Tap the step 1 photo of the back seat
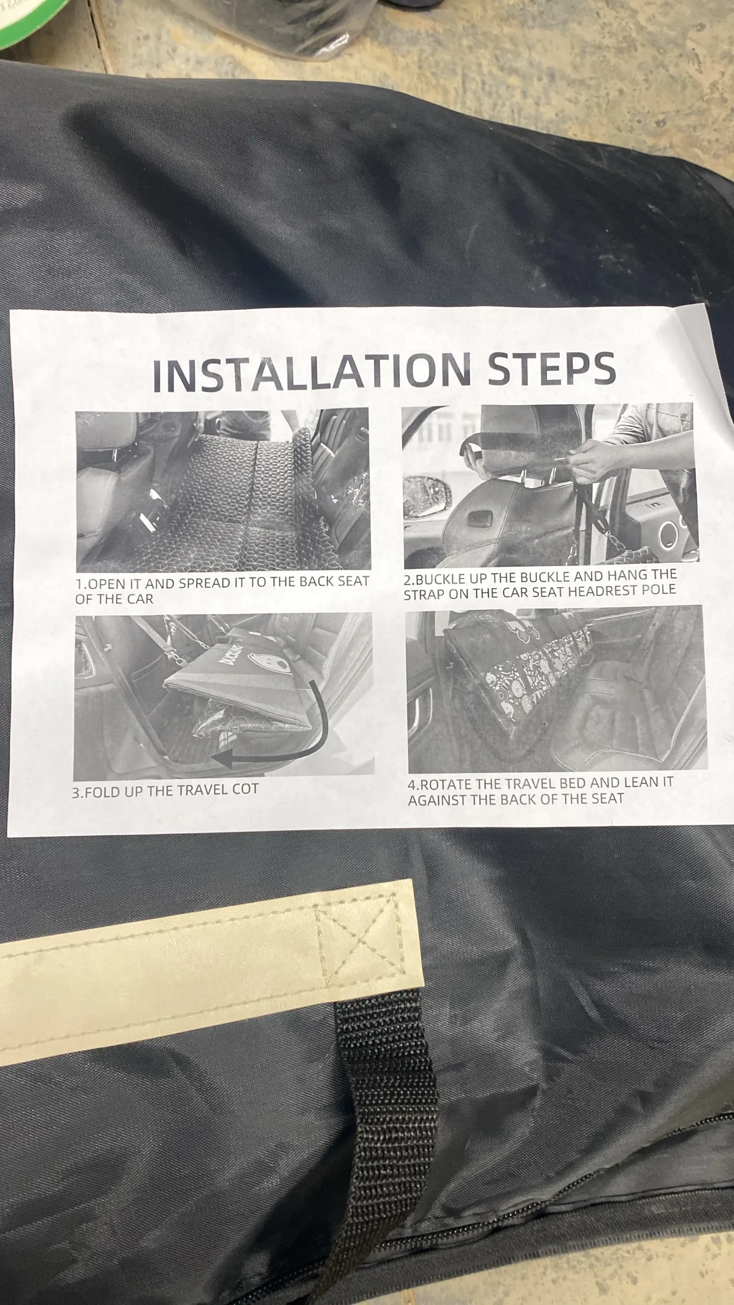[x=222, y=490]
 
